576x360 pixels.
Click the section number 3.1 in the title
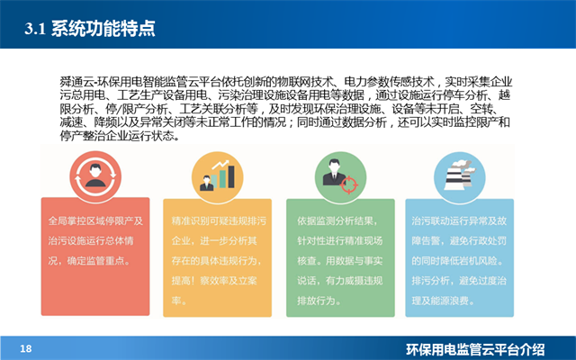pos(34,29)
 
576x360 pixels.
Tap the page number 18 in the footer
pos(25,348)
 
